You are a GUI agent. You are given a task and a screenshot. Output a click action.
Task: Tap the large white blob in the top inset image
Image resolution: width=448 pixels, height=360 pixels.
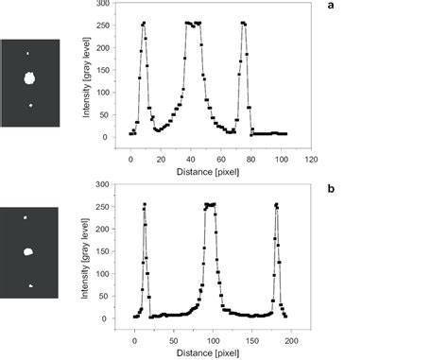(29, 79)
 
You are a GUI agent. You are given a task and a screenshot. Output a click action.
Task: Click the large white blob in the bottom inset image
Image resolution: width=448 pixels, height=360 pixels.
(29, 251)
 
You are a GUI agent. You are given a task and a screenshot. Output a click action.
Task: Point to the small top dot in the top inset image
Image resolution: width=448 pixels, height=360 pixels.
(28, 54)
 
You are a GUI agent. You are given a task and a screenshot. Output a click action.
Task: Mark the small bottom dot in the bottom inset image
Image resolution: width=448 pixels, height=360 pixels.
(31, 284)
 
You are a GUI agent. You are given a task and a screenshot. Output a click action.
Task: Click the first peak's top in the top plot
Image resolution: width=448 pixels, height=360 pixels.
(144, 23)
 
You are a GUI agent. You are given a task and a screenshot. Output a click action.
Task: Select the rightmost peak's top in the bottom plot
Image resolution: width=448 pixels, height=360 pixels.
(277, 204)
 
